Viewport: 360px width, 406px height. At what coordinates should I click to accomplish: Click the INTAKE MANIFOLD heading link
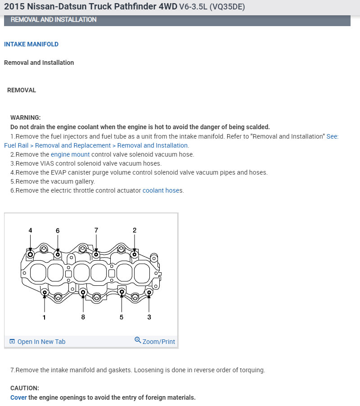[x=31, y=44]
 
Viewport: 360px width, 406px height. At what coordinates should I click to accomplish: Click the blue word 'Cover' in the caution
[x=18, y=397]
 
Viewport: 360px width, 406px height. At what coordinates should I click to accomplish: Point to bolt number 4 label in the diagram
[x=30, y=230]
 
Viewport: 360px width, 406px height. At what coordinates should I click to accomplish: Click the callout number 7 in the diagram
[x=96, y=230]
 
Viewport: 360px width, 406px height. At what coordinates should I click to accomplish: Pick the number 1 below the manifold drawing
[x=44, y=317]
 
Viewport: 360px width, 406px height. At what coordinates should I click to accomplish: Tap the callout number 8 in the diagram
[x=83, y=317]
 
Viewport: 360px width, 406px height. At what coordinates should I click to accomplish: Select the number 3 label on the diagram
[x=149, y=317]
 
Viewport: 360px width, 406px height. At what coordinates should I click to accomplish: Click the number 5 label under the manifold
[x=121, y=317]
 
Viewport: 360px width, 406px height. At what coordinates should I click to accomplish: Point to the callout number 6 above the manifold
[x=58, y=230]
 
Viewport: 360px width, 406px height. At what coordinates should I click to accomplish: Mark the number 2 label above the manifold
[x=134, y=230]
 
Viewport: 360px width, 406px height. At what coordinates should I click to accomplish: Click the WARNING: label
[x=25, y=117]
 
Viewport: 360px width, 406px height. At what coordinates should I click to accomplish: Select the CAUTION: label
[x=25, y=388]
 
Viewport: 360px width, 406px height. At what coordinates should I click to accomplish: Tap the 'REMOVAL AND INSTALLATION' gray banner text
[x=54, y=20]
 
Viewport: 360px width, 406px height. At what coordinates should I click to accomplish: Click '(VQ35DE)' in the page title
[x=227, y=8]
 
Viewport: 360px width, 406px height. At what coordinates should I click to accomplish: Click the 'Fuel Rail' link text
[x=18, y=145]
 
